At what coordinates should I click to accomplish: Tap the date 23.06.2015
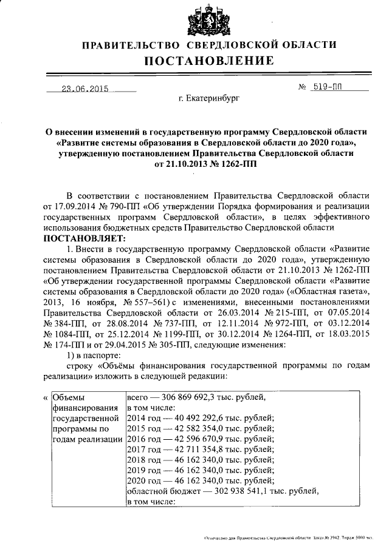coord(84,89)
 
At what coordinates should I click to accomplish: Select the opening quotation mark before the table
coord(46,398)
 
